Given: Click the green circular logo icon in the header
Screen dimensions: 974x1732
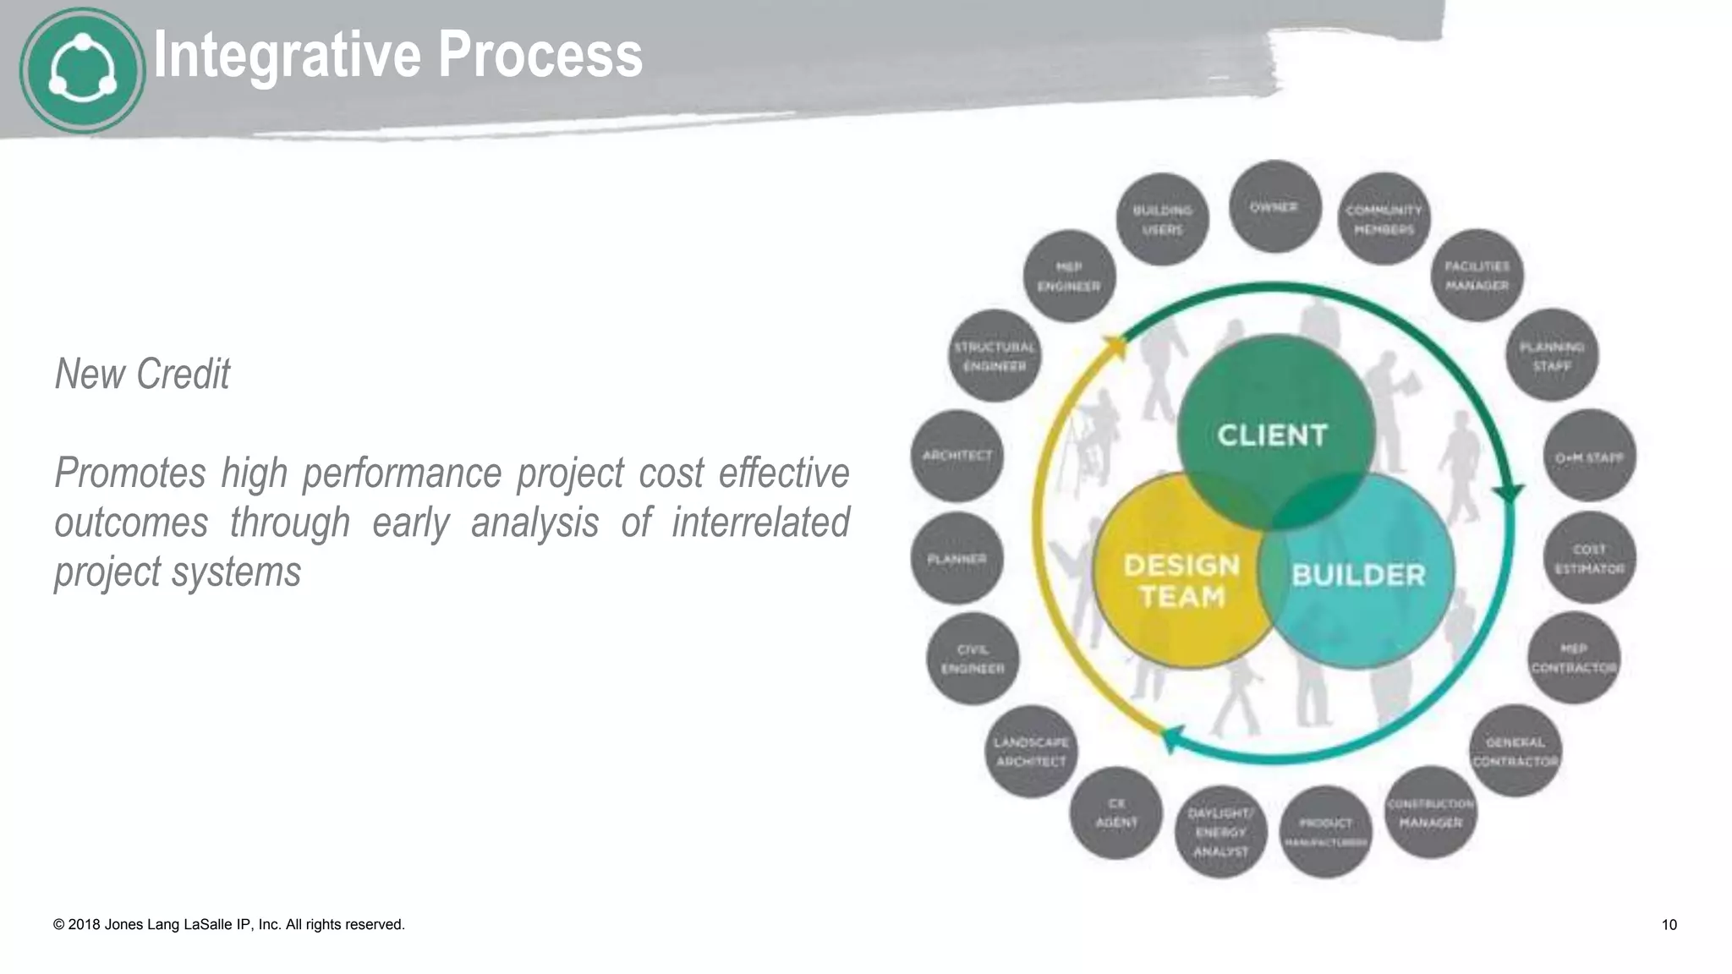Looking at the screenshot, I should tap(82, 70).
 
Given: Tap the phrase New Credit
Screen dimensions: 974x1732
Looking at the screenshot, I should tap(142, 374).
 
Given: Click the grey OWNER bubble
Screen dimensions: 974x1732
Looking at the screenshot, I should tap(1274, 207).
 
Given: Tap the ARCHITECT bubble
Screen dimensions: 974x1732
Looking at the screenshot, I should tap(957, 456).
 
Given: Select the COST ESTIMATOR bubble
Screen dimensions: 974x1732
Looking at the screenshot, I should tap(1590, 558).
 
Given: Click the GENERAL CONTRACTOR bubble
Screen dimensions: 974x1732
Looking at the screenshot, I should tap(1515, 752).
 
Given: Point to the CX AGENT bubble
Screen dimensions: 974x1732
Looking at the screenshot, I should tap(1116, 813).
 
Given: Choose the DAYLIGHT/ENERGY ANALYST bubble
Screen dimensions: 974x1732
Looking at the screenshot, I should tap(1220, 832).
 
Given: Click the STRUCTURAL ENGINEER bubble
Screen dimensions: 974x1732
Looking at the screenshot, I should tap(995, 357).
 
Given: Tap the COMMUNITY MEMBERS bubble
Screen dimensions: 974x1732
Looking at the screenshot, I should tap(1384, 220).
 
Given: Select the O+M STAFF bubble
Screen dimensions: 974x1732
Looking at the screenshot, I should tap(1589, 457).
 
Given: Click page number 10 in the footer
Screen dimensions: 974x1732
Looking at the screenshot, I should tap(1669, 925).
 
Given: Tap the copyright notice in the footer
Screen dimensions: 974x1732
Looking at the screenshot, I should tap(229, 925).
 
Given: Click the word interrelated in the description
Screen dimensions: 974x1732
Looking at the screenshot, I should tap(760, 522).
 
